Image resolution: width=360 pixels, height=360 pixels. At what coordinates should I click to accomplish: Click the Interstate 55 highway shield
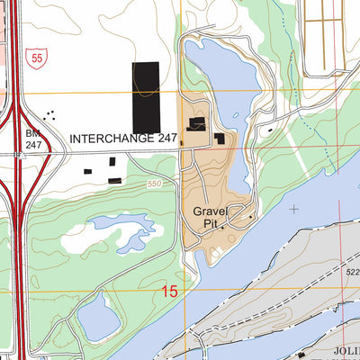[33, 56]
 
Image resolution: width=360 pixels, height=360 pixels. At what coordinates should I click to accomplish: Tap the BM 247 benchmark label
[33, 138]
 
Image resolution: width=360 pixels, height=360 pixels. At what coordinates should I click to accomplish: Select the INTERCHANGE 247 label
[122, 139]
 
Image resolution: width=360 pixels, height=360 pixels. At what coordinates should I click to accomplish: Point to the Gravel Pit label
[213, 219]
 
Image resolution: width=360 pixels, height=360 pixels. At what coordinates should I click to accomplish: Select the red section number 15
[171, 291]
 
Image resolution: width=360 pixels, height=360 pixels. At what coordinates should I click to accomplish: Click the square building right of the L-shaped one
[219, 138]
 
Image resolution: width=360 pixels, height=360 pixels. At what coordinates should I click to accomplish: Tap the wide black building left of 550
[114, 180]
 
